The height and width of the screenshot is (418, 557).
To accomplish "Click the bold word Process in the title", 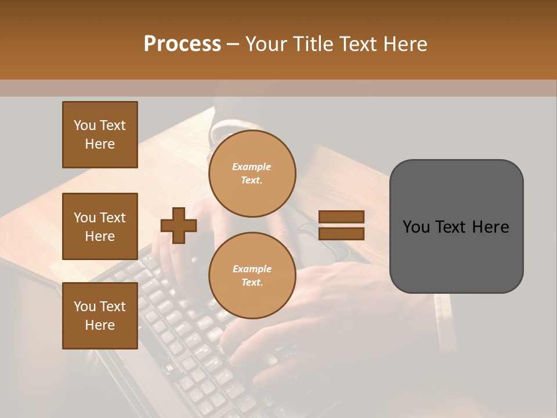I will (182, 44).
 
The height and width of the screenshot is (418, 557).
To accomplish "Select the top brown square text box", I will (100, 135).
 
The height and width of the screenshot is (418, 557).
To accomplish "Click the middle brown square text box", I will (100, 226).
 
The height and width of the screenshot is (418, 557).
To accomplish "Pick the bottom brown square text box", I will (100, 316).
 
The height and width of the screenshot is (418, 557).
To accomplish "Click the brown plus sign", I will (179, 225).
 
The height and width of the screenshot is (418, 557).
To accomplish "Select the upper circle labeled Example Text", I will (252, 174).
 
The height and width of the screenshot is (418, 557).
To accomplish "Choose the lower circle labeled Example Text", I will (252, 276).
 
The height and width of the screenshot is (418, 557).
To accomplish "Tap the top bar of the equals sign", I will (341, 217).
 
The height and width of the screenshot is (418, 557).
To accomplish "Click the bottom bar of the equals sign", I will (341, 233).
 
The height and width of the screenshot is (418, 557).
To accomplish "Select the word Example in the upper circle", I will (252, 167).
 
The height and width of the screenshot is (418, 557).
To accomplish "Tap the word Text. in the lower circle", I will (252, 283).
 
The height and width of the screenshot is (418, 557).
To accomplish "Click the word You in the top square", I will (85, 125).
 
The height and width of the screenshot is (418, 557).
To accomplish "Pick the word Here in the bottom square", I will (100, 325).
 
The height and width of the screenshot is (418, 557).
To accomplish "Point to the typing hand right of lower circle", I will (342, 284).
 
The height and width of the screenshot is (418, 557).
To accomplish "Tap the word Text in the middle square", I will (113, 218).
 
